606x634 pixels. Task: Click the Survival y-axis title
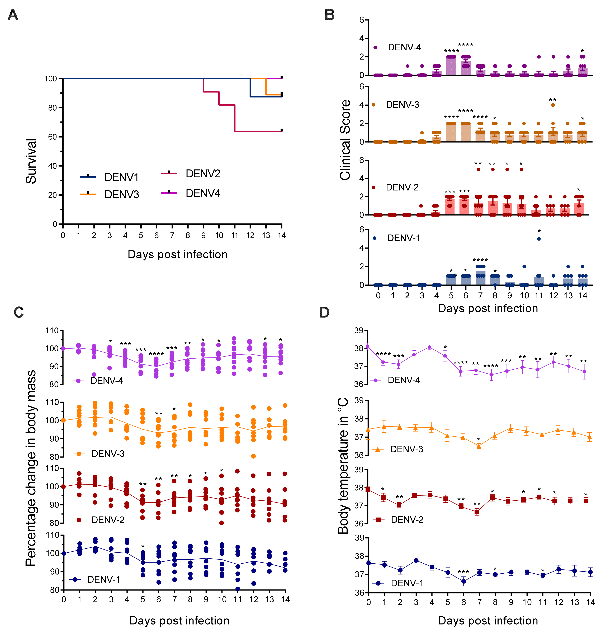[31, 161]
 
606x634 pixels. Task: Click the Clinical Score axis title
[345, 140]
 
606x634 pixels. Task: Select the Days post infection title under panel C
[179, 620]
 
